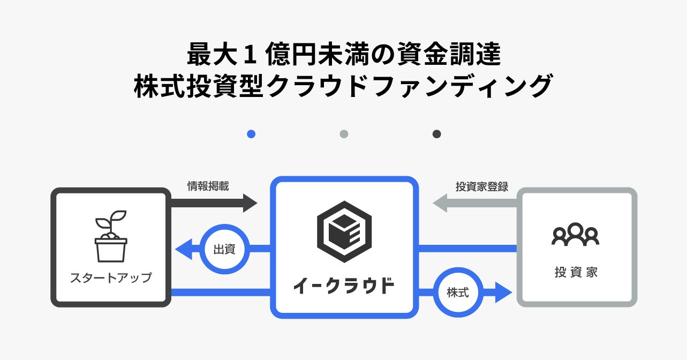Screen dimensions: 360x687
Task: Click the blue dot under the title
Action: [x=251, y=134]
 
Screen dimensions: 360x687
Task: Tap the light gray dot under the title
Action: [x=344, y=134]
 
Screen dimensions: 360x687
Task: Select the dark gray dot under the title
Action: [x=436, y=134]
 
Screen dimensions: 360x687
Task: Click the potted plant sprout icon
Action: [x=111, y=236]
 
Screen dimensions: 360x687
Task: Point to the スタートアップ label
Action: [x=111, y=278]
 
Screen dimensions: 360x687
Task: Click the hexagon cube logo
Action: [x=344, y=231]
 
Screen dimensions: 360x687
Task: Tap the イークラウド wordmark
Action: [x=344, y=286]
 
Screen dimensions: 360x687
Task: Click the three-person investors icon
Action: [x=576, y=234]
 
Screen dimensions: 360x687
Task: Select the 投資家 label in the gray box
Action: [x=576, y=272]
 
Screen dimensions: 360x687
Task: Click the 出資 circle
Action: [x=225, y=249]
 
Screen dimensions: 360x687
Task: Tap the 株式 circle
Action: [x=458, y=292]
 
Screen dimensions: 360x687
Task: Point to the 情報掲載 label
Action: [x=208, y=186]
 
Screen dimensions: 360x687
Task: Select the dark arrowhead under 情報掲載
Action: [x=251, y=203]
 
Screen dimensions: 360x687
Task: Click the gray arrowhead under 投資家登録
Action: [x=440, y=203]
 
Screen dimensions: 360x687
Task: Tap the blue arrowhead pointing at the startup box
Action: [x=184, y=249]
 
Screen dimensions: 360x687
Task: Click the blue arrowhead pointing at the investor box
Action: [x=503, y=292]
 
